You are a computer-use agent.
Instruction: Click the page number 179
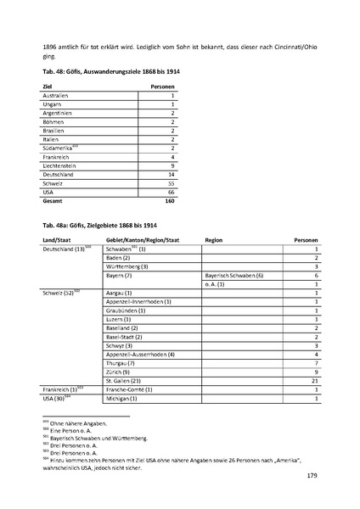point(311,476)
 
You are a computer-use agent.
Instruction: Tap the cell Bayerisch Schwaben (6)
point(234,276)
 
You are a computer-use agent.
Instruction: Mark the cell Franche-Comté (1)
point(129,389)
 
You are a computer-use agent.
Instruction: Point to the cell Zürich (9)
point(119,372)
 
